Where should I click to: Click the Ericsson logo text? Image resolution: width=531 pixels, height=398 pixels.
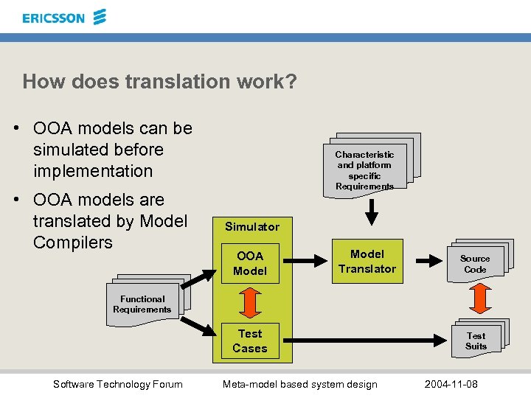coord(53,18)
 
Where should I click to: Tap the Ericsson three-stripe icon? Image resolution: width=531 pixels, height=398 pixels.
coord(100,16)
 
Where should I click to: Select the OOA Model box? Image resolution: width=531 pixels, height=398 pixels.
coord(250,264)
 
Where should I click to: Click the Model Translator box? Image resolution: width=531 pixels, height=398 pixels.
coord(367,261)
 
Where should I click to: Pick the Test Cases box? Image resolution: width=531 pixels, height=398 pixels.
coord(250,341)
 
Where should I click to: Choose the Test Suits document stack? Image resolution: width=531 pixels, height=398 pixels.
coord(477,340)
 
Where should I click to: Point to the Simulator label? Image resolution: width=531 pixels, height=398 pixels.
coord(252,227)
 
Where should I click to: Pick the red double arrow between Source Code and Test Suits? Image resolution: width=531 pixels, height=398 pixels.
coord(482,298)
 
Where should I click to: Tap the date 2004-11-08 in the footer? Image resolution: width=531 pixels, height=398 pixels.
coord(451,384)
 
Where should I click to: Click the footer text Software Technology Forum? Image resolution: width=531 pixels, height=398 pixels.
coord(118,384)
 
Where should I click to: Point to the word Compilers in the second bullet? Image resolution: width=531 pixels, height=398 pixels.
coord(73,242)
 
